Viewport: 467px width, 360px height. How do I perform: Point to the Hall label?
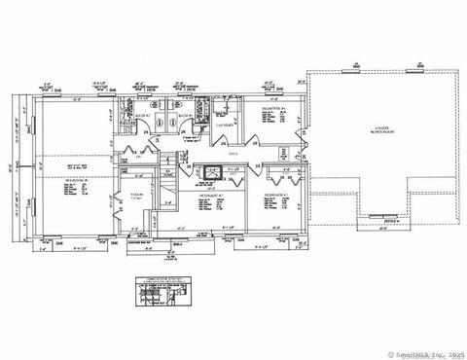point(233,154)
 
